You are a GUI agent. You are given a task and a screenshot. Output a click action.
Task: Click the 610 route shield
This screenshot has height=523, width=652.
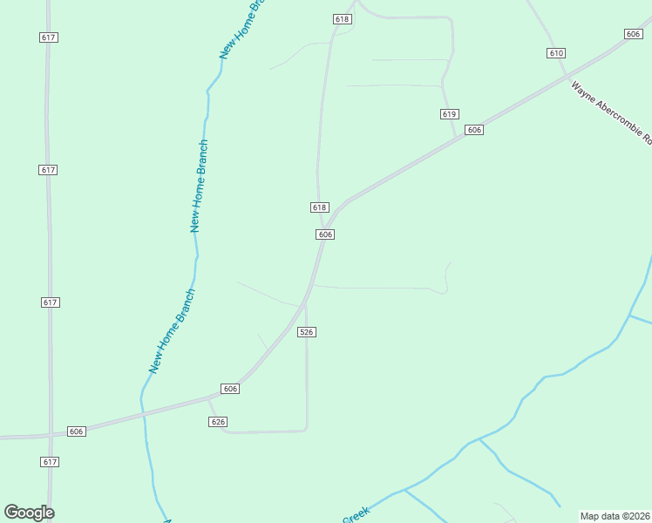(556, 53)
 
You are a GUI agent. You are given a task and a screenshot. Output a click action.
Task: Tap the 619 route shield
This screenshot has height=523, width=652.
(449, 114)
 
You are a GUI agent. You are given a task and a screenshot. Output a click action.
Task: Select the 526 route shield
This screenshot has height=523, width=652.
(306, 332)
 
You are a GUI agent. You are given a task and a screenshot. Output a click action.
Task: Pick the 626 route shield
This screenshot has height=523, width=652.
(219, 422)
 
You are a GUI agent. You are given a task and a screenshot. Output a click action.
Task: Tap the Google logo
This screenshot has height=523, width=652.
(29, 513)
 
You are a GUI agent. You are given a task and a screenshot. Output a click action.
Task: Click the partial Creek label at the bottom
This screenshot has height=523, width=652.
(355, 517)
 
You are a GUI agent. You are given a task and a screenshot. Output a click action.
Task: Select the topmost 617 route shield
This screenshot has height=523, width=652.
(49, 37)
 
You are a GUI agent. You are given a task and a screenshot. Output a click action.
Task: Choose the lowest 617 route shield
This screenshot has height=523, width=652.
(49, 461)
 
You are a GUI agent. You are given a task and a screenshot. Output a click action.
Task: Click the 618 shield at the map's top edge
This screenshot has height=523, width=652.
(342, 19)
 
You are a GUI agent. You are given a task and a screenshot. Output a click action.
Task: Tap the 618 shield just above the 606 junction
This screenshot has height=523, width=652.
(319, 207)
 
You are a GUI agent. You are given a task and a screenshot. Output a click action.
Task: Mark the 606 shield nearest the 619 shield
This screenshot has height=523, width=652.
(473, 130)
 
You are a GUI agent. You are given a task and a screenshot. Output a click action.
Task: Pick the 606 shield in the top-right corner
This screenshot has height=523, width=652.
(634, 33)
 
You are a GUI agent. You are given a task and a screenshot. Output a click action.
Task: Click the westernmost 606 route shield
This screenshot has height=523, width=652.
(76, 431)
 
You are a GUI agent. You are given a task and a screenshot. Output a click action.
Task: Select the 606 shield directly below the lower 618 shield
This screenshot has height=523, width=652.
(325, 234)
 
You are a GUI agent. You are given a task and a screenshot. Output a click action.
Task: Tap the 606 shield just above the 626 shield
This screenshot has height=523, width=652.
(230, 389)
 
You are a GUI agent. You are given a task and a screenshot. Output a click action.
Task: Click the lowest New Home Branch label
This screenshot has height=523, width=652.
(172, 332)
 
